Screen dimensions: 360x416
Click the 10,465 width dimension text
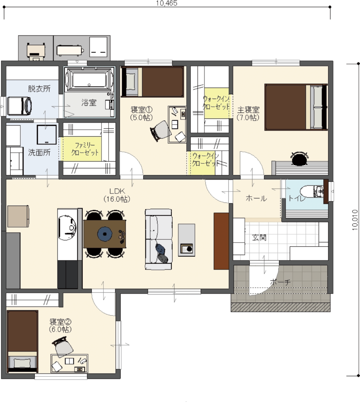click(166, 3)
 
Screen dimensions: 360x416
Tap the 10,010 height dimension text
click(355, 220)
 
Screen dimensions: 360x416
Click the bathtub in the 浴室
click(89, 79)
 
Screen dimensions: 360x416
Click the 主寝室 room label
click(248, 110)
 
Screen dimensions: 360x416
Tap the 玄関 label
click(259, 237)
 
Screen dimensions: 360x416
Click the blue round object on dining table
click(105, 234)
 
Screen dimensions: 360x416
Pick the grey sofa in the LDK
click(159, 239)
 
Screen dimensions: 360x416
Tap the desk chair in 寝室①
click(161, 131)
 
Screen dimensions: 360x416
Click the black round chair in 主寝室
click(300, 159)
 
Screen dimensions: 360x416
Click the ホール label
click(256, 198)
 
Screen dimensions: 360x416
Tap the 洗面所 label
click(39, 152)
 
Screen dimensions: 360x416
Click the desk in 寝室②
click(69, 363)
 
